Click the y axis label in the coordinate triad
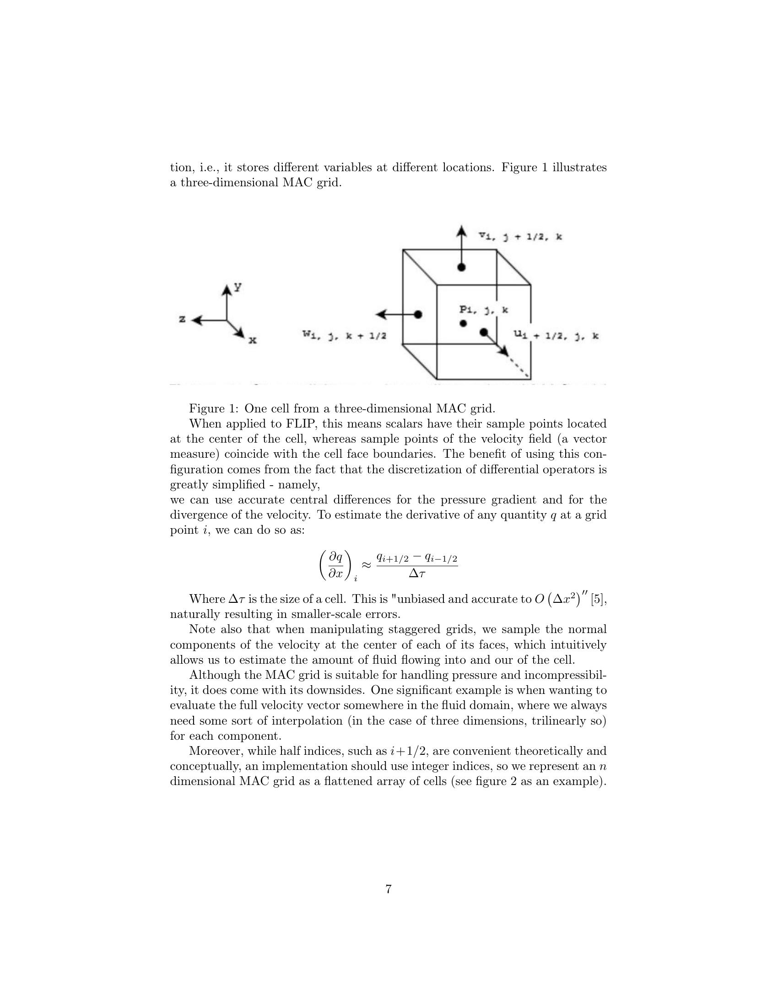point(238,287)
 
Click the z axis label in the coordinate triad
point(183,319)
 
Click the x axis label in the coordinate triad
point(252,341)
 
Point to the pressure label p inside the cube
point(483,310)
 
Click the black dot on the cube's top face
point(461,267)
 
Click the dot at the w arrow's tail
point(418,314)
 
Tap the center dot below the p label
point(464,324)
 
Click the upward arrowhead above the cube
point(461,231)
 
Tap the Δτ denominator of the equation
point(416,574)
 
